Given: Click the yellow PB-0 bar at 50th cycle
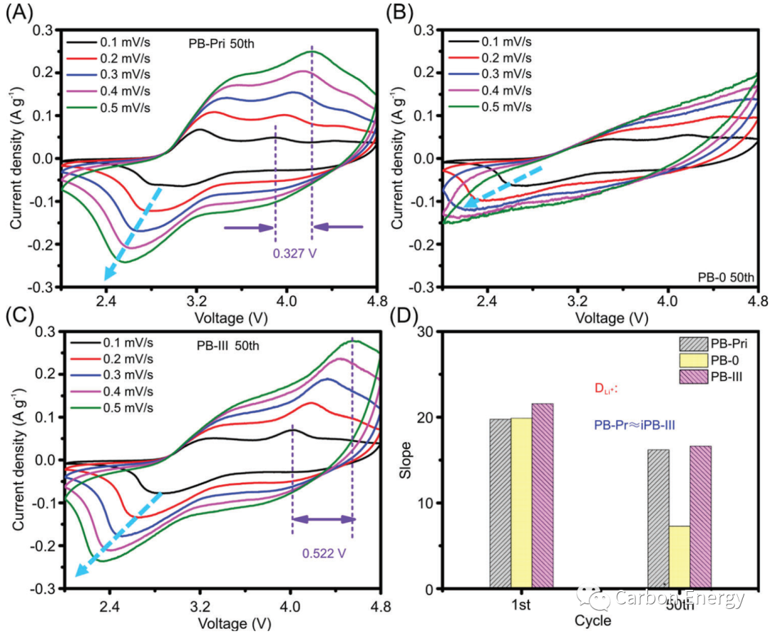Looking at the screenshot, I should [x=679, y=557].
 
